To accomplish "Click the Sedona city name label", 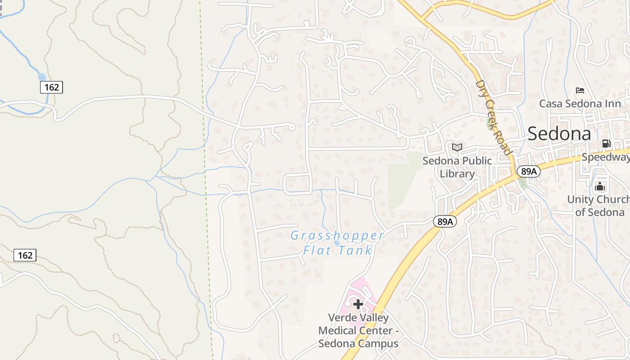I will pyautogui.click(x=559, y=134).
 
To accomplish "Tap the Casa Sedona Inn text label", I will pyautogui.click(x=580, y=104).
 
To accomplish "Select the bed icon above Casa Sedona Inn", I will pyautogui.click(x=580, y=90).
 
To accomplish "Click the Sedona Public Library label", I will pyautogui.click(x=457, y=167).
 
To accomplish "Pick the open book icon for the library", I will pyautogui.click(x=457, y=147).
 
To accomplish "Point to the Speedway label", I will pyautogui.click(x=606, y=157).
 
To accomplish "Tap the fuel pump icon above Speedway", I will pyautogui.click(x=606, y=144).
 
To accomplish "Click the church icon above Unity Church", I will pyautogui.click(x=600, y=186).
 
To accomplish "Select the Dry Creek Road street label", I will pyautogui.click(x=494, y=117).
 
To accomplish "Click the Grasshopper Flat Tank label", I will pyautogui.click(x=337, y=243).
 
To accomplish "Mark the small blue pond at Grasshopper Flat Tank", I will pyautogui.click(x=337, y=243).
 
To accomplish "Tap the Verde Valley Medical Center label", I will pyautogui.click(x=358, y=330).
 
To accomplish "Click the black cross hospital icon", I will pyautogui.click(x=358, y=305).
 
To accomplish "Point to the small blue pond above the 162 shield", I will pyautogui.click(x=42, y=77).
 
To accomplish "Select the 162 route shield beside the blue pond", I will pyautogui.click(x=51, y=87).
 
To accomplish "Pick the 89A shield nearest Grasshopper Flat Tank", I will pyautogui.click(x=445, y=221).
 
